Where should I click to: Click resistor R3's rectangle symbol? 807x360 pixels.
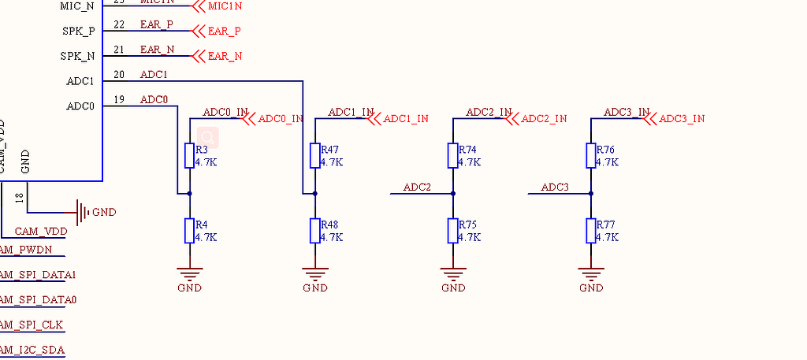coord(189,155)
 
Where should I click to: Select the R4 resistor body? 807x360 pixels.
coord(189,231)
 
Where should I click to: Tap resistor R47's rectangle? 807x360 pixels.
coord(314,155)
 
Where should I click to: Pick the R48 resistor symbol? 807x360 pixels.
coord(314,231)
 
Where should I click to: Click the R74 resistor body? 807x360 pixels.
coord(453,155)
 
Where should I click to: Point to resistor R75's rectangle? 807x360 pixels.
coord(453,231)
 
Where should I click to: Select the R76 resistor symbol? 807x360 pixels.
coord(591,155)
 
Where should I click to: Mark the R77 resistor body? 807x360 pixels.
coord(591,231)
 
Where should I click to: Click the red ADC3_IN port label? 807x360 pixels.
coord(682,119)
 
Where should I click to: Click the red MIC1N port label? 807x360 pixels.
coord(225,6)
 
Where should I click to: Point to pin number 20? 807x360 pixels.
coord(119,76)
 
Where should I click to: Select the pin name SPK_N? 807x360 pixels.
coord(78,57)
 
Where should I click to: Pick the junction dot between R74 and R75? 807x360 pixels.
coord(453,193)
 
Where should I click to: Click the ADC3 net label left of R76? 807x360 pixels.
coord(555,187)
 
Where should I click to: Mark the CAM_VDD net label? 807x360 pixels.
coord(41,232)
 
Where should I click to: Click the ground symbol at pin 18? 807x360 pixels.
coord(82,212)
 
